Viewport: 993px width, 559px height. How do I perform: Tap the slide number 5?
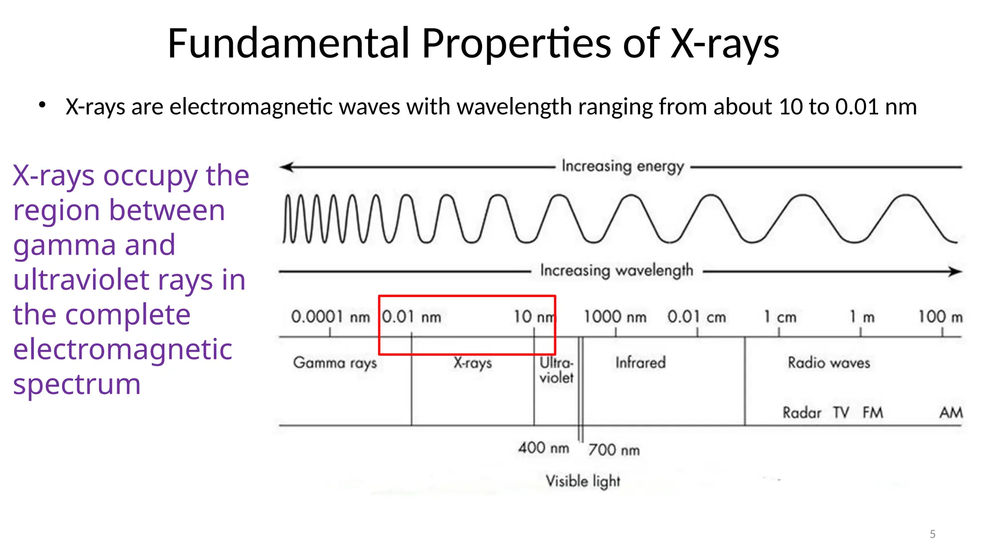coord(932,534)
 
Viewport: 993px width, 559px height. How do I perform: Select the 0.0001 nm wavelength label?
coord(330,317)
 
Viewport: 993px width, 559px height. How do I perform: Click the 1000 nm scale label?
coord(615,317)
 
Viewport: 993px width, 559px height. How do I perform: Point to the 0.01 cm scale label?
coord(696,317)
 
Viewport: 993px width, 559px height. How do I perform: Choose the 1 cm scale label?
coord(780,317)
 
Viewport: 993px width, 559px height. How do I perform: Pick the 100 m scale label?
coord(940,317)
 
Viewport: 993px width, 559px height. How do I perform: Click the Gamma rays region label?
coord(335,363)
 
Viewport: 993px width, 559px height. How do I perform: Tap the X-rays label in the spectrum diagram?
coord(473,363)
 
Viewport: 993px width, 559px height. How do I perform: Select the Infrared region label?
coord(641,362)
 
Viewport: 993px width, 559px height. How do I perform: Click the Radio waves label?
coord(829,362)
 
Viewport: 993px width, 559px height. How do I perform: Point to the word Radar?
coord(802,413)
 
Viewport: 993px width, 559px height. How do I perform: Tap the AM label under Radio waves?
coord(951,413)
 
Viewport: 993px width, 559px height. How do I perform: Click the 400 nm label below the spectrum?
coord(544,447)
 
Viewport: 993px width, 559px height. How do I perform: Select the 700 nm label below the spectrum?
coord(614,450)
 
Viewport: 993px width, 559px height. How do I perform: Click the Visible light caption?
coord(583,481)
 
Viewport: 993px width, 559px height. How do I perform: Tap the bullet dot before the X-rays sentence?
coord(43,105)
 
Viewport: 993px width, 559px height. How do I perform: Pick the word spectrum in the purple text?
coord(77,384)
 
